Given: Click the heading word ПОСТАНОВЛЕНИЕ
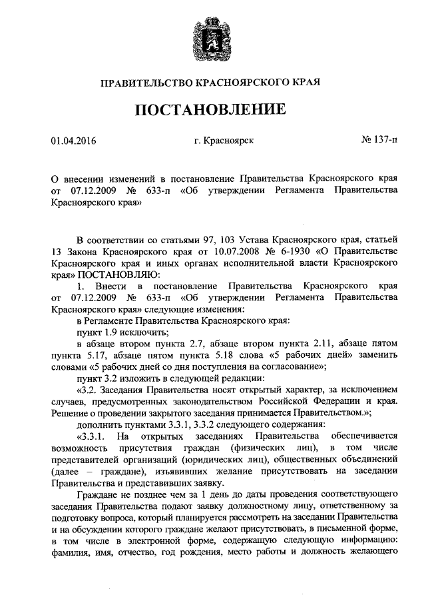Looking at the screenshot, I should click(212, 109).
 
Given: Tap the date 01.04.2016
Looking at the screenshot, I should click(73, 141).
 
